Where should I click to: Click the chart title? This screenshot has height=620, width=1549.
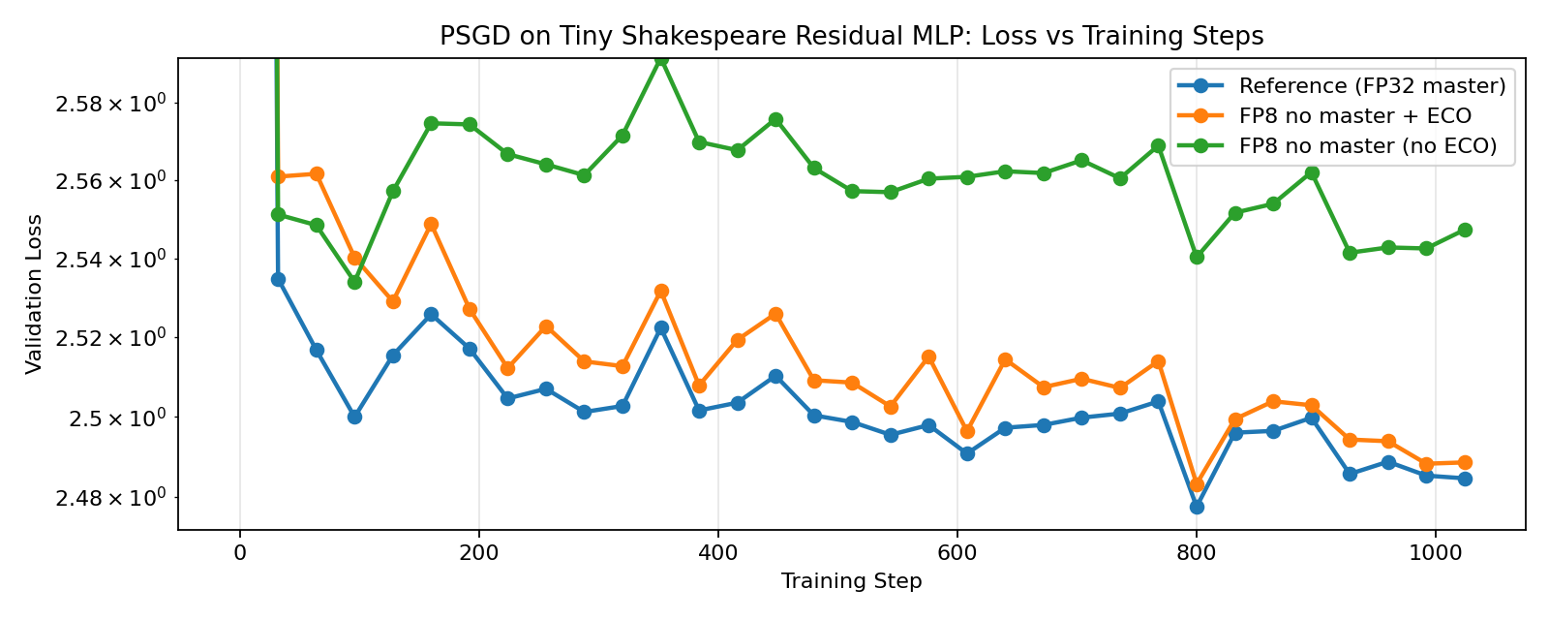[851, 37]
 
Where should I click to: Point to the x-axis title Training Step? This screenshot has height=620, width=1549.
[851, 581]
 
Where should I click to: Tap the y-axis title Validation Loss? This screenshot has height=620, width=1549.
[35, 294]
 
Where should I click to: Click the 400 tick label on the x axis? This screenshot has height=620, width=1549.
[718, 552]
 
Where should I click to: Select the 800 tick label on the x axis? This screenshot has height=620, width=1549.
[1197, 552]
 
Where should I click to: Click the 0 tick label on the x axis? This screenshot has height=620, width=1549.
[240, 552]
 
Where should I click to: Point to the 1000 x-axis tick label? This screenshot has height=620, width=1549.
[1435, 552]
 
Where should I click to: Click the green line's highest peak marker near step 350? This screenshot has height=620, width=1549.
[661, 59]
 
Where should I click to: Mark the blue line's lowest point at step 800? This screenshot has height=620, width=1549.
[1197, 507]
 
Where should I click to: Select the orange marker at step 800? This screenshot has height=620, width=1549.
[1197, 484]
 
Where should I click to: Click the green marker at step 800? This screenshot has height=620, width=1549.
[1197, 257]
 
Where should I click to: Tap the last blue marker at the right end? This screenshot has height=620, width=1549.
[1465, 479]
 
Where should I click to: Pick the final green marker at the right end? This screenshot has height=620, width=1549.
[1465, 230]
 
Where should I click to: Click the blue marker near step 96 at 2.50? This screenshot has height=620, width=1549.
[354, 417]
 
